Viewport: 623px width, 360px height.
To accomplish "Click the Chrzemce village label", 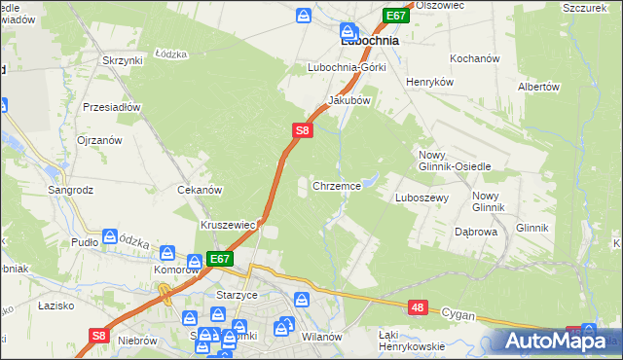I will (x=337, y=185).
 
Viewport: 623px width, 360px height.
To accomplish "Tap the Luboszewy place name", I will (x=421, y=198).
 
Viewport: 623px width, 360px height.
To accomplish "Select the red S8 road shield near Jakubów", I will (x=303, y=128).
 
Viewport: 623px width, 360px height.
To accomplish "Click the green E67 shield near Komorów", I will (x=220, y=259).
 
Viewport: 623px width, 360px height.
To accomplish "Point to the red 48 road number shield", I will (x=417, y=307).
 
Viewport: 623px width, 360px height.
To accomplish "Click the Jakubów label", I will (x=349, y=100).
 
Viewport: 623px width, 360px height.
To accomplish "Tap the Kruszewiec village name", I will (x=228, y=225).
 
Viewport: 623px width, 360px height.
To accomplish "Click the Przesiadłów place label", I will (x=113, y=107).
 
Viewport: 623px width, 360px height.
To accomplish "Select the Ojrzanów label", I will (x=99, y=140).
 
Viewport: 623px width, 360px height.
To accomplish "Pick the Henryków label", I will (x=429, y=83).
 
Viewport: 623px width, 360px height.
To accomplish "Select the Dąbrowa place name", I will (x=476, y=233).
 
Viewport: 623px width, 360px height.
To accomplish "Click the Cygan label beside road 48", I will (x=457, y=313).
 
